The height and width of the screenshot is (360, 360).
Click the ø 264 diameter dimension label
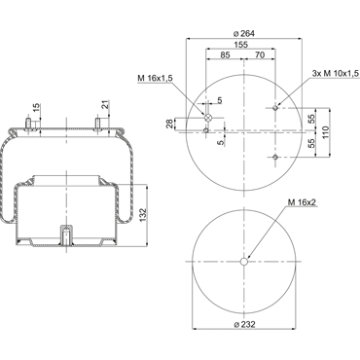(244, 33)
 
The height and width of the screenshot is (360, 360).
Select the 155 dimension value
(241, 45)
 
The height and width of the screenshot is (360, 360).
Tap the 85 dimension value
(225, 54)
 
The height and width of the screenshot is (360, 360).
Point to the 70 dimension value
(260, 54)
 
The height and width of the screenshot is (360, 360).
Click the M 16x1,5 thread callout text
(155, 78)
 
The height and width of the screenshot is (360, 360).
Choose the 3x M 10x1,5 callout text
(336, 74)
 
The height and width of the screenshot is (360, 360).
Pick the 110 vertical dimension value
(326, 132)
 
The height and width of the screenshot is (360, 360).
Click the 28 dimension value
(169, 124)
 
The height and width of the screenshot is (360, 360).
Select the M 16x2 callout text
(302, 202)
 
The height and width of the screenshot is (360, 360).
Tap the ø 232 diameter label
(244, 324)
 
